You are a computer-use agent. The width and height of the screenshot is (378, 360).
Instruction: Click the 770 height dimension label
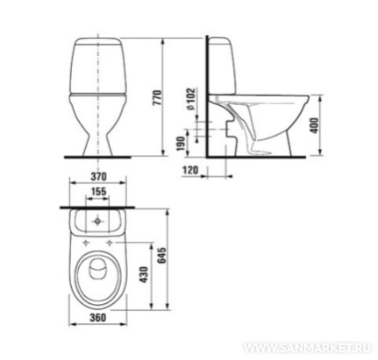coord(157,98)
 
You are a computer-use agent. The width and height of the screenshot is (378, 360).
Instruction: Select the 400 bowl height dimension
coord(314,125)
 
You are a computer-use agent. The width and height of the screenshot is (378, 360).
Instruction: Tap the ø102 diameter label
coord(190,99)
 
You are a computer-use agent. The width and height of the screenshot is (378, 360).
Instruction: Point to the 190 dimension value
coord(181,144)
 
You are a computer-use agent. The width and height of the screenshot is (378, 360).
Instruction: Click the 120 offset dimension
coord(190,170)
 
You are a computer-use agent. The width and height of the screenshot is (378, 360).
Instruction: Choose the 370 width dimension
coord(98,177)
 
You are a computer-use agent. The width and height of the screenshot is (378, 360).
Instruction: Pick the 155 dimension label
coord(98,192)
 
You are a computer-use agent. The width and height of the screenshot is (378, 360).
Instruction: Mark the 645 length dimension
coord(161,256)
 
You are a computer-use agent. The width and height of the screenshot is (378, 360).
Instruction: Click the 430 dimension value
coord(144,274)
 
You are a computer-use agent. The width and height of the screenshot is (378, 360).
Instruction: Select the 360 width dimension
coord(97,317)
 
